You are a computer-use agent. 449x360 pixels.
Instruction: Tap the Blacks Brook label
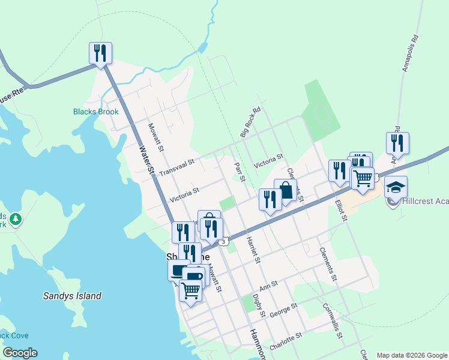pyautogui.click(x=96, y=112)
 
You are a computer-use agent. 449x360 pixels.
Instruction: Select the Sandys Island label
pyautogui.click(x=72, y=296)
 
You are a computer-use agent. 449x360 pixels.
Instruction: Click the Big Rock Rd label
pyautogui.click(x=251, y=122)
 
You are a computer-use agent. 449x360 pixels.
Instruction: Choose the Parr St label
pyautogui.click(x=240, y=171)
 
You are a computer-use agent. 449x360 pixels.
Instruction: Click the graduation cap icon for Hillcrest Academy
pyautogui.click(x=396, y=187)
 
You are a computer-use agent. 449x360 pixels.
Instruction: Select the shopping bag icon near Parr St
pyautogui.click(x=286, y=191)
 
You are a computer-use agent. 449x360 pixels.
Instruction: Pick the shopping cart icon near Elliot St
pyautogui.click(x=363, y=178)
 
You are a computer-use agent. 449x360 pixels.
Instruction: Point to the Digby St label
pyautogui.click(x=259, y=305)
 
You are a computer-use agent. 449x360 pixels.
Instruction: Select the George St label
pyautogui.click(x=283, y=310)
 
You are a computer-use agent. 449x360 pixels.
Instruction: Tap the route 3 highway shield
pyautogui.click(x=224, y=241)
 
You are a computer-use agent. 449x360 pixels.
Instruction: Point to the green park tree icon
pyautogui.click(x=15, y=220)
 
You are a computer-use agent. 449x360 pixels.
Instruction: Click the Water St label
pyautogui.click(x=148, y=161)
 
